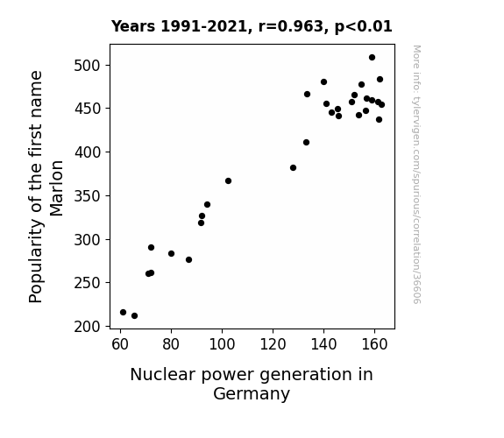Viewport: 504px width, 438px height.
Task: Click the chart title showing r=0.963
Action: coord(252,26)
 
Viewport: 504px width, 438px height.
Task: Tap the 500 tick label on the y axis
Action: coord(88,66)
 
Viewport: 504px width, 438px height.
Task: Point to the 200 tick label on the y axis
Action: coord(88,327)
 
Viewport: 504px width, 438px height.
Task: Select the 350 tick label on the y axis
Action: coord(88,196)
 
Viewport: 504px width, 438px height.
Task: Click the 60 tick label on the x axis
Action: coord(120,344)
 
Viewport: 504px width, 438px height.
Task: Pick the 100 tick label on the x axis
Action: coord(222,344)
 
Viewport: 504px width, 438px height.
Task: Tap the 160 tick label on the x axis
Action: coord(374,344)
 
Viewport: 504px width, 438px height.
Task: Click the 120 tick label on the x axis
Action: coord(273,344)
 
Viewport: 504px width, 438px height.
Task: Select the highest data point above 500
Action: coord(372,58)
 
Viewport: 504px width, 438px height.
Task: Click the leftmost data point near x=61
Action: coord(123,313)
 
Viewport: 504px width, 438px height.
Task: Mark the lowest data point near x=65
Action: coord(134,316)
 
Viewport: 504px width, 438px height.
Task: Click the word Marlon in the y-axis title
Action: coord(56,188)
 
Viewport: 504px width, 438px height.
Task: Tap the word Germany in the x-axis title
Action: coord(252,393)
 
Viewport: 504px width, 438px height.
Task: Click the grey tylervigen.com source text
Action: coord(416,174)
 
